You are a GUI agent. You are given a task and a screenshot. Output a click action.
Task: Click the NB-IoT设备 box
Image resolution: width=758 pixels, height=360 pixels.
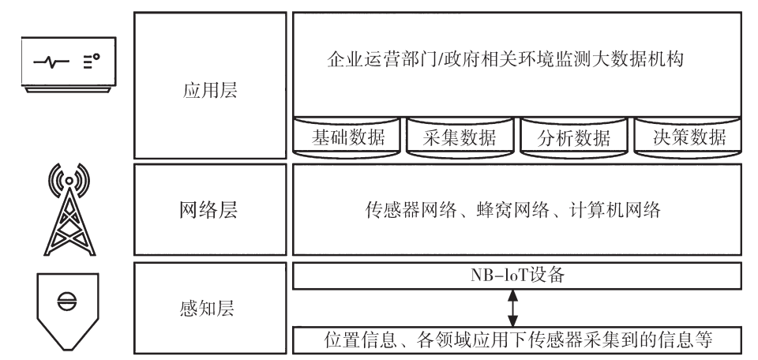pyautogui.click(x=517, y=276)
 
